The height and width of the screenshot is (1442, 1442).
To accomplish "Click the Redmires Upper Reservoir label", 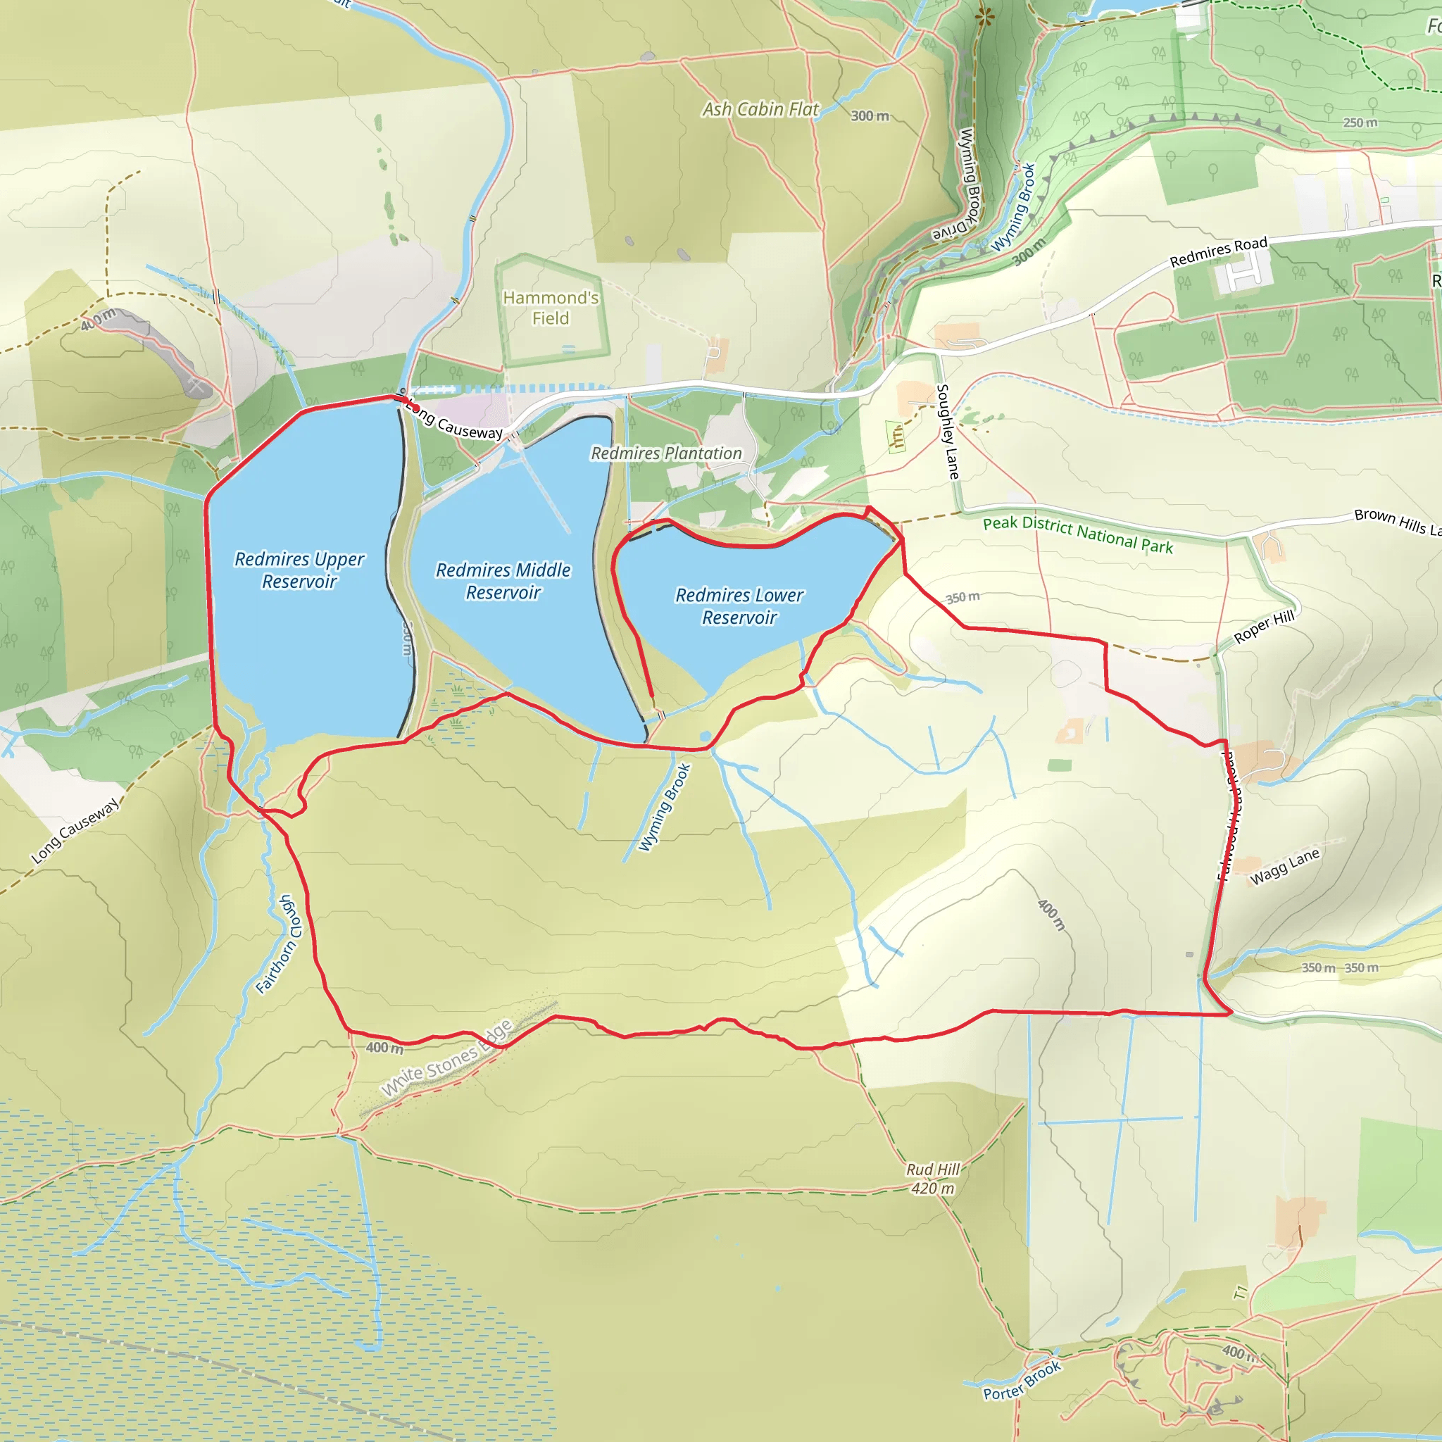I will (x=299, y=570).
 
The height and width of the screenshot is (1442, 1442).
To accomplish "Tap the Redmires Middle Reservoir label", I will (x=503, y=581).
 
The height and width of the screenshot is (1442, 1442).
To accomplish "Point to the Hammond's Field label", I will (x=551, y=308).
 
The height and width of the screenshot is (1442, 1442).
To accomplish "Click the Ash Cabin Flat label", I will (x=760, y=109).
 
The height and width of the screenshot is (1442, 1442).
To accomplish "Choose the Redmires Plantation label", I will (x=667, y=453).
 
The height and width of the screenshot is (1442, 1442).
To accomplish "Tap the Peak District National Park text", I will (x=1078, y=534).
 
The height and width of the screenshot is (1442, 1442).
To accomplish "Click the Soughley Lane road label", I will (x=947, y=432).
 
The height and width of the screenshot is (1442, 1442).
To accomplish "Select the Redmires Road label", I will (x=1218, y=251).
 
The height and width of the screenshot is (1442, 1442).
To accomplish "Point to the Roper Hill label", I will (x=1264, y=626).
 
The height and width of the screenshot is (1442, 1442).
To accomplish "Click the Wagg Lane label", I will (x=1284, y=866).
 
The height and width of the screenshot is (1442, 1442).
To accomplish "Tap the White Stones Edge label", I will (x=447, y=1058).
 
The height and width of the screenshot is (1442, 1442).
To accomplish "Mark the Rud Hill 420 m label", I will (x=933, y=1179).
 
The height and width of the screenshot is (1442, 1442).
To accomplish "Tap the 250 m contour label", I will (x=1360, y=123).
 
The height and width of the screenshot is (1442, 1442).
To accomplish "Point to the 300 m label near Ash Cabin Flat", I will (x=870, y=115).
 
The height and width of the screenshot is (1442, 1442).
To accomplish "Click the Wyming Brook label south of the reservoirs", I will (x=664, y=807).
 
